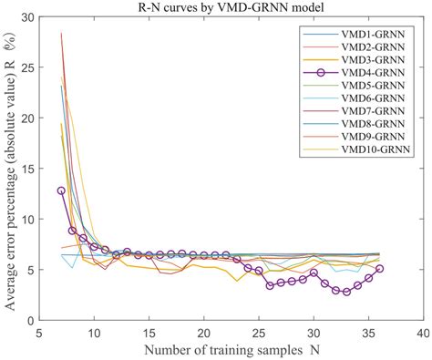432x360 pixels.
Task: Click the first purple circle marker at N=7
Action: pos(62,190)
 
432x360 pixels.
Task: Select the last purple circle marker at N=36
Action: pos(379,269)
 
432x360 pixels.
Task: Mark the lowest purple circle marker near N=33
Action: pos(346,293)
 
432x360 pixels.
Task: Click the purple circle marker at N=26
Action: pos(270,285)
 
